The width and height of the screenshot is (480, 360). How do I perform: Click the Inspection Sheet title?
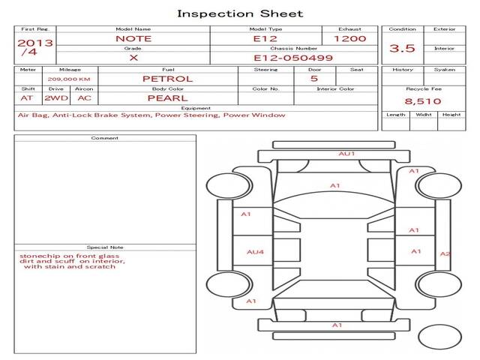(x=239, y=13)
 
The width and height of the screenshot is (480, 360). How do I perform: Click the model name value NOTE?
(x=133, y=38)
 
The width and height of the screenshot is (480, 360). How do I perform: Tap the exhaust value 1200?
(x=349, y=38)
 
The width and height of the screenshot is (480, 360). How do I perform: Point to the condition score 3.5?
(x=402, y=48)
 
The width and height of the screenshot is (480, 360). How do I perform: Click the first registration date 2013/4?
(x=34, y=47)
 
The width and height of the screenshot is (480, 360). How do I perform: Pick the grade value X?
(x=133, y=57)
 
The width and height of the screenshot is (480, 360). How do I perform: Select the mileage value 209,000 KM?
(x=70, y=78)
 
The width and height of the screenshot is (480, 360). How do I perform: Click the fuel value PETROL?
(x=168, y=78)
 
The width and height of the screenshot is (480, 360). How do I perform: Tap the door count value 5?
(x=313, y=78)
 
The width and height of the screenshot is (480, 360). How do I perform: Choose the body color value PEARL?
(x=168, y=97)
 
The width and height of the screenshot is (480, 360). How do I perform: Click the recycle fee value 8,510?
(x=423, y=100)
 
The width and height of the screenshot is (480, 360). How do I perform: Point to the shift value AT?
(x=27, y=97)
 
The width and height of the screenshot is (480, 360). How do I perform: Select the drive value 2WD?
(x=54, y=97)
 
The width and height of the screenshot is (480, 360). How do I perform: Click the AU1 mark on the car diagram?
(x=346, y=154)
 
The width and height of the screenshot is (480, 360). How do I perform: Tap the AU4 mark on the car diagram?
(x=256, y=252)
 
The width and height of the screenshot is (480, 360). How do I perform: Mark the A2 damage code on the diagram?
(x=445, y=253)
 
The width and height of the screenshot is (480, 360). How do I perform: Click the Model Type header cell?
(x=265, y=29)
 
